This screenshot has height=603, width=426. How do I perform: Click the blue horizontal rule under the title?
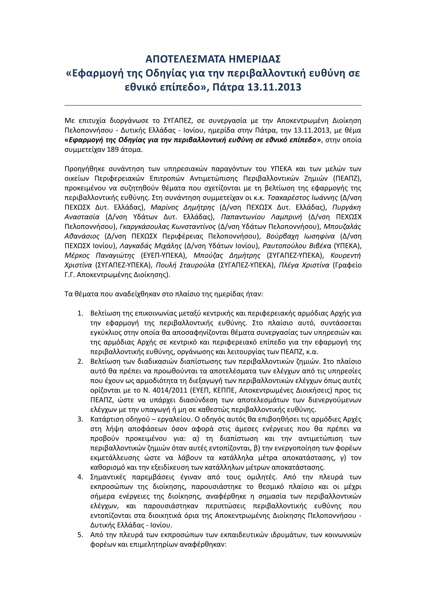pos(213,105)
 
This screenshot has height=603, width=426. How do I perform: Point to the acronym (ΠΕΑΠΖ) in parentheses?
pos(347,178)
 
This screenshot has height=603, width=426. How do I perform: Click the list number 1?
pos(80,313)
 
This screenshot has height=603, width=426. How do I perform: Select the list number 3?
pos(80,419)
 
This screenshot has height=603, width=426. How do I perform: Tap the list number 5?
pos(80,535)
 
